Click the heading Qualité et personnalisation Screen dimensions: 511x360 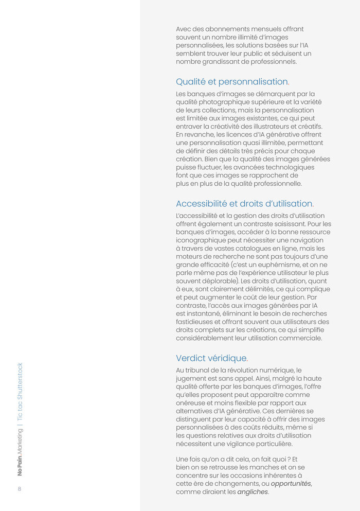point(232,81)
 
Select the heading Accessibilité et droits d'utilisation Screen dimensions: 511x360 point(244,203)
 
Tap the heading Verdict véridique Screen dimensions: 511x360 point(211,358)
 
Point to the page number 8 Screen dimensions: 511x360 point(20,489)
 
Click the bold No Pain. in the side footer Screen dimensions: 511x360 point(20,465)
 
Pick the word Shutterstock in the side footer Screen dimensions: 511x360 point(20,381)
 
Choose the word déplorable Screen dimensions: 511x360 point(220,281)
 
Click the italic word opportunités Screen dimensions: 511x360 point(291,484)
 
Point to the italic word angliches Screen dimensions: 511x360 point(253,492)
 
